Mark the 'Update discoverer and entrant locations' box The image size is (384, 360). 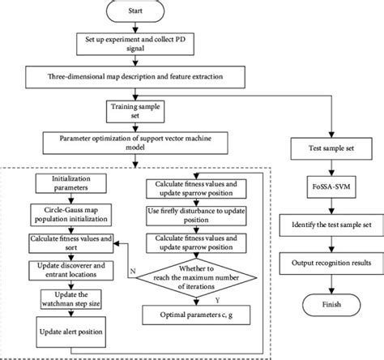click(x=70, y=271)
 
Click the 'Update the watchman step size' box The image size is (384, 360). click(x=70, y=298)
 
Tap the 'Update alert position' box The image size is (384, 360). click(x=70, y=332)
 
